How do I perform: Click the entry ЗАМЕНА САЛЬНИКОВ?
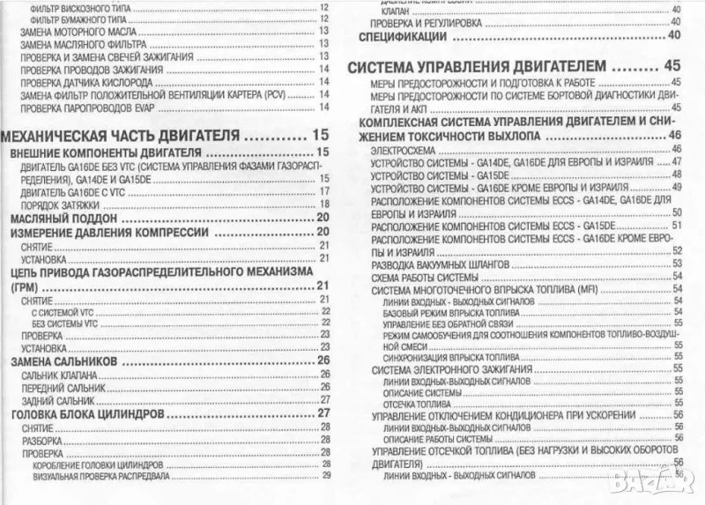pos(68,360)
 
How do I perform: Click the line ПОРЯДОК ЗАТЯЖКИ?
pos(56,204)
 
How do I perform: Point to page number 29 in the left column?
pos(324,477)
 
